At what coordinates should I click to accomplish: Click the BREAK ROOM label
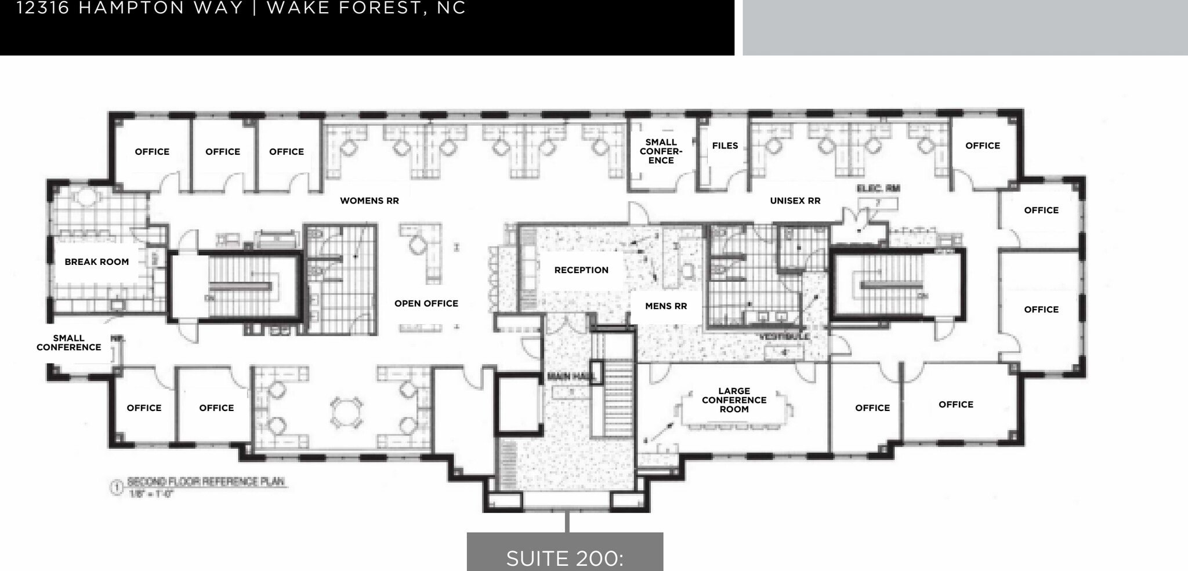click(97, 262)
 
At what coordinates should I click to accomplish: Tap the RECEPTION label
click(581, 270)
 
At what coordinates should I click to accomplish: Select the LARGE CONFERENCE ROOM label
click(734, 400)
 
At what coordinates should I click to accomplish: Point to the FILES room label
click(725, 146)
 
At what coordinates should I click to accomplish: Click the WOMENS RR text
click(370, 201)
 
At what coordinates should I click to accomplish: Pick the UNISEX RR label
click(795, 201)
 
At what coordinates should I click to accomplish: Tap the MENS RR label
click(666, 306)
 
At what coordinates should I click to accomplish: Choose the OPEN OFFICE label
click(426, 304)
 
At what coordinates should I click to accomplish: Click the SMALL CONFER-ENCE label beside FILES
click(661, 151)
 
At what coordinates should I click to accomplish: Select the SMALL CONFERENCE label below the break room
click(69, 343)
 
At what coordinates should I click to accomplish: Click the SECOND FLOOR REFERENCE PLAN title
click(206, 482)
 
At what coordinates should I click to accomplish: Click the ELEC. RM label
click(878, 188)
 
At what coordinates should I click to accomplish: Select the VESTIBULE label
click(784, 336)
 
